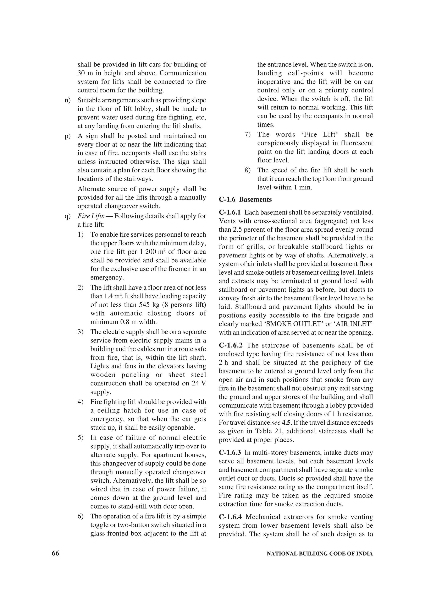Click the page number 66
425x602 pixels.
[56, 553]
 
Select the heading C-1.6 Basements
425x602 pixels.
[245, 200]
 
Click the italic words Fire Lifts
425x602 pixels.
[91, 216]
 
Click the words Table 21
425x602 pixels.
[268, 431]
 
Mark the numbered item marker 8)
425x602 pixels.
[248, 170]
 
